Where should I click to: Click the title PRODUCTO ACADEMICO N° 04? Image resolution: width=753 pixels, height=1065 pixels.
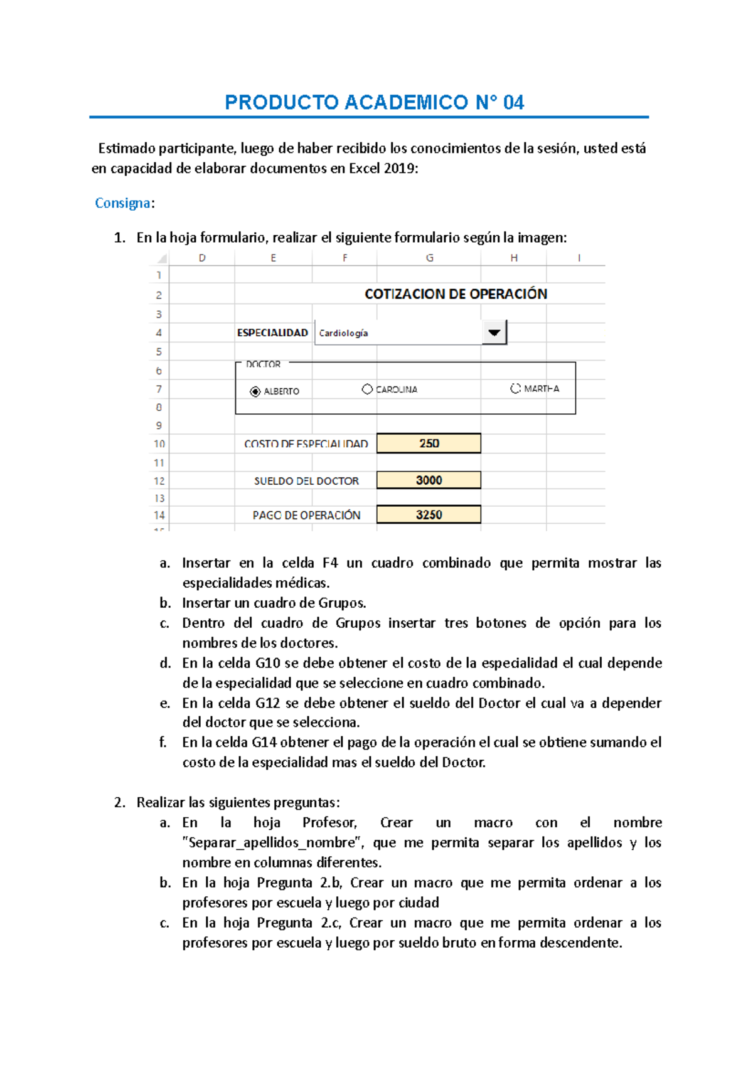(374, 102)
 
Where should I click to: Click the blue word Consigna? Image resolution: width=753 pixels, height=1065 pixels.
(122, 203)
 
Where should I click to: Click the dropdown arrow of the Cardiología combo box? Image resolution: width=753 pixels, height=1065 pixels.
(494, 332)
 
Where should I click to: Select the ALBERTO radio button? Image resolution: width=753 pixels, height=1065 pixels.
(255, 391)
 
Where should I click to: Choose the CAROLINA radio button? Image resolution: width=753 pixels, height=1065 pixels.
(367, 389)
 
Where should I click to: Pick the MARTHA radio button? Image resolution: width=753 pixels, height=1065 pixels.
(515, 389)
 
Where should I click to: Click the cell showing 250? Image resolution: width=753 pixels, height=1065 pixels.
(429, 443)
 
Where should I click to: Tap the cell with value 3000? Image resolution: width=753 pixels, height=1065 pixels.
(429, 480)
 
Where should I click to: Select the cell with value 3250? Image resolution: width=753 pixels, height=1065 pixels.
(429, 515)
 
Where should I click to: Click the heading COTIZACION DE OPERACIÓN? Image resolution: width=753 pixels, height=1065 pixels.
(456, 294)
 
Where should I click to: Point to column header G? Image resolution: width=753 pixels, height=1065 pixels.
(429, 258)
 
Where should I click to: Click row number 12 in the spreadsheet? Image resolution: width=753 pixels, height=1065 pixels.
(159, 481)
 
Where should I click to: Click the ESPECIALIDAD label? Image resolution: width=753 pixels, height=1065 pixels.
(272, 333)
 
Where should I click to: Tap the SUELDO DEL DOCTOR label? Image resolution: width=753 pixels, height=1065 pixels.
(306, 481)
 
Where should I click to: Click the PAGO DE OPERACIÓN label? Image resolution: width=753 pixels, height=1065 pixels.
(306, 516)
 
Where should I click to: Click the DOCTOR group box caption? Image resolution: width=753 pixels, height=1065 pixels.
(263, 364)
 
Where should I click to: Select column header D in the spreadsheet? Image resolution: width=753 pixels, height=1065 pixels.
(202, 258)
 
